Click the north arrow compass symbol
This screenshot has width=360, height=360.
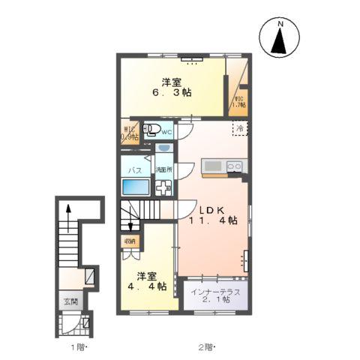(280, 37)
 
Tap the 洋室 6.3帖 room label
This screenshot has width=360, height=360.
(172, 88)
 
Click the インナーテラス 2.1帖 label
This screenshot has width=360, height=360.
(214, 297)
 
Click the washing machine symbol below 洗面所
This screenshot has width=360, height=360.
(163, 187)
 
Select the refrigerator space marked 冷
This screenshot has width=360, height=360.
(239, 127)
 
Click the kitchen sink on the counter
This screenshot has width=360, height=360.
(212, 165)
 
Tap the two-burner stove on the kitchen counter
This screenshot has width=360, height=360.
(233, 165)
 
